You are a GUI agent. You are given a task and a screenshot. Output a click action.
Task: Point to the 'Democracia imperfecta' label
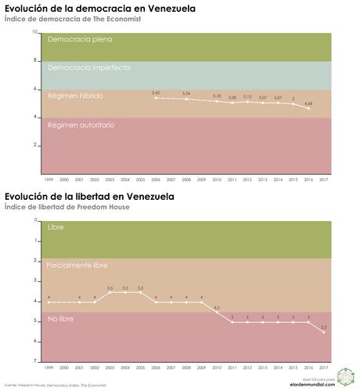(x=88, y=67)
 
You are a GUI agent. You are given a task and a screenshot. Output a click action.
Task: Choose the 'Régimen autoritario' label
(x=81, y=125)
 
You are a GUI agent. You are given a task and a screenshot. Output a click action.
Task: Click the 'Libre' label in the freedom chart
(x=56, y=227)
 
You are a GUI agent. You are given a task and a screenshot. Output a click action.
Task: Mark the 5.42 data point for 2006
(x=157, y=98)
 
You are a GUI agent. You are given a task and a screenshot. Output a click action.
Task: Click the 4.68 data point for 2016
(x=308, y=108)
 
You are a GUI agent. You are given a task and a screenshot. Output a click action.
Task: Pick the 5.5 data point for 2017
(x=324, y=332)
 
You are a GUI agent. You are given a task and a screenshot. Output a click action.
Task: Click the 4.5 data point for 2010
(x=217, y=312)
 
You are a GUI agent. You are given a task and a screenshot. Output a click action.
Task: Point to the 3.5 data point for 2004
(x=125, y=291)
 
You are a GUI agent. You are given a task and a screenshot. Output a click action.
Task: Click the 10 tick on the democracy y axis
(x=35, y=32)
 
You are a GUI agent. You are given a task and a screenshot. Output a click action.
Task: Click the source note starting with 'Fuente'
(x=55, y=386)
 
